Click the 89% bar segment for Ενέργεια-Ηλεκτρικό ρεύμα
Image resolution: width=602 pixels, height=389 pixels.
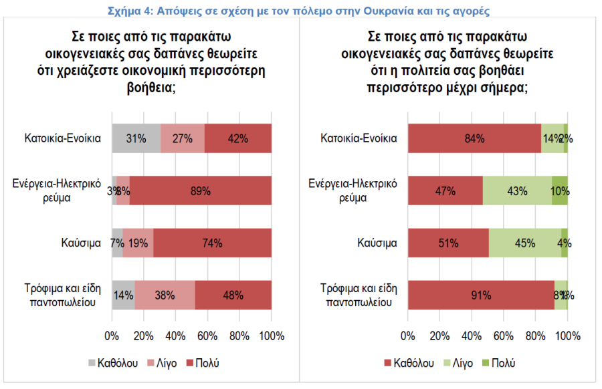click(x=201, y=190)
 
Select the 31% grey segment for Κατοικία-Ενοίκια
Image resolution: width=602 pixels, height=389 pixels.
click(x=136, y=138)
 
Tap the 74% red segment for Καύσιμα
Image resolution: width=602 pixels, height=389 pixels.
click(x=212, y=243)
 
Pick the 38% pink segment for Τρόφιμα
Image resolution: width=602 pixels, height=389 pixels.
click(x=165, y=295)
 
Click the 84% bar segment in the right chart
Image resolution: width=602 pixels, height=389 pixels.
click(x=474, y=138)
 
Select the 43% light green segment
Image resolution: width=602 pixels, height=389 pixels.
click(x=517, y=190)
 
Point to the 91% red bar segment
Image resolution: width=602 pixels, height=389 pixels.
click(x=481, y=295)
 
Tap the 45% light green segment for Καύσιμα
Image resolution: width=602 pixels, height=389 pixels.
click(x=525, y=243)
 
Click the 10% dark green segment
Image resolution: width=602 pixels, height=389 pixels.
click(x=560, y=190)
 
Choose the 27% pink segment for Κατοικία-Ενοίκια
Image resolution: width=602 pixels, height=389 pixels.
click(x=183, y=138)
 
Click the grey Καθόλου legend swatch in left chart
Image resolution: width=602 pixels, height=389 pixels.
click(x=92, y=364)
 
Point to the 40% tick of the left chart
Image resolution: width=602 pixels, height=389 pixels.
click(x=175, y=336)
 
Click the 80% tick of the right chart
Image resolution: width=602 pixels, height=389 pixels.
click(x=536, y=336)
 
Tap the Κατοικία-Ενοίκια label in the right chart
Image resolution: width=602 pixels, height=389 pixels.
click(x=359, y=138)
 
